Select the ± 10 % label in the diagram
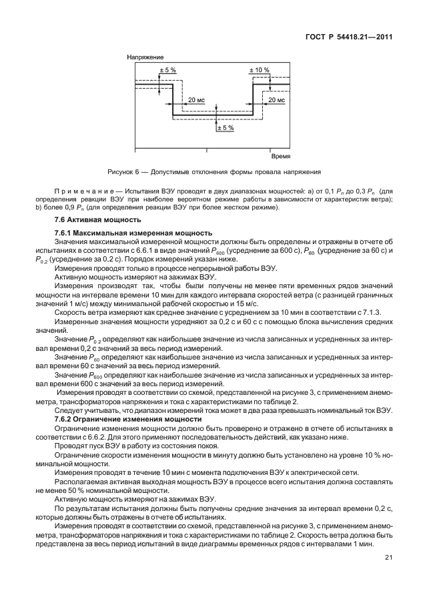pos(259,70)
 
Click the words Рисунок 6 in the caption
pos(121,171)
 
